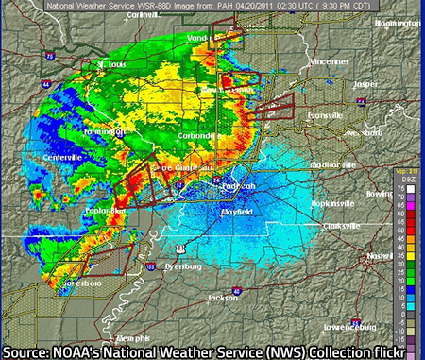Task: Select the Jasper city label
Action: tap(364, 83)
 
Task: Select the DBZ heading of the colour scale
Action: tap(407, 179)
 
